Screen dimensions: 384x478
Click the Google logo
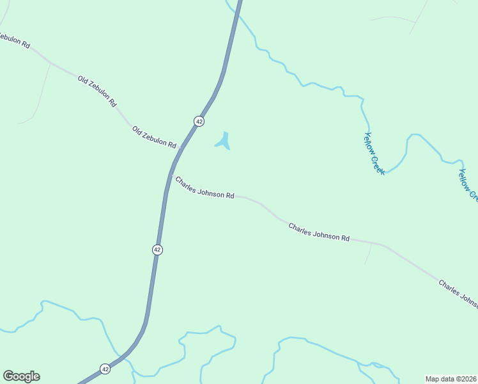(21, 376)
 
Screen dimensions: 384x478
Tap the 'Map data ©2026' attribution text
(451, 378)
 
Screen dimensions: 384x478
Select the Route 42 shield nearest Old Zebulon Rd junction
(199, 121)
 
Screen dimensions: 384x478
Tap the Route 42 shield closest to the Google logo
(105, 369)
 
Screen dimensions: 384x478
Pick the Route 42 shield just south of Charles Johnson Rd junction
(157, 249)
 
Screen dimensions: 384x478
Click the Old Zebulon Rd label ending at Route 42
(154, 138)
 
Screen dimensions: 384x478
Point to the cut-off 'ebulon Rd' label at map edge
(14, 41)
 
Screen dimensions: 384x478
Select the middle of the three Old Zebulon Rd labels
(97, 90)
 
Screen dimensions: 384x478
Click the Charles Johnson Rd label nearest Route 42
(204, 188)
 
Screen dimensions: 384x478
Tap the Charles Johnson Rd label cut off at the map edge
(458, 293)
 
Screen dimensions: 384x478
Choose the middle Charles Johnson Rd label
(319, 232)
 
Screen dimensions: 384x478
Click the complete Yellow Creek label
(374, 154)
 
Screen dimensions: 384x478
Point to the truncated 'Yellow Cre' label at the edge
(468, 185)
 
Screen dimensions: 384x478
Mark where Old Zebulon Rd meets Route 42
(181, 148)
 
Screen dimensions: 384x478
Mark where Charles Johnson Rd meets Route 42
(171, 175)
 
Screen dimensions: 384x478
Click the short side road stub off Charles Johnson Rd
(369, 254)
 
